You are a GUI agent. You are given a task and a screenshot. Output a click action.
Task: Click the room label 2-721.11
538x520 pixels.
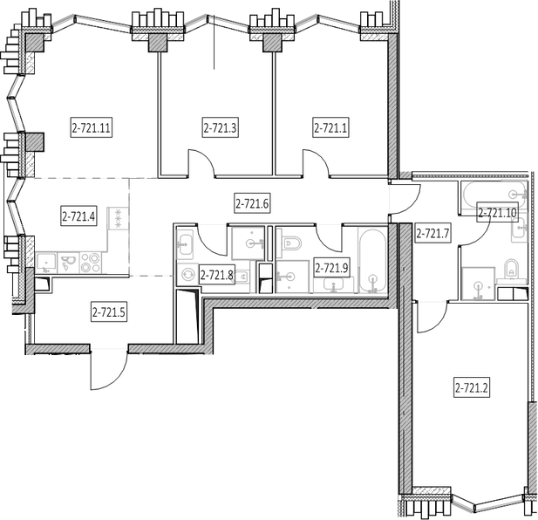[x=92, y=128]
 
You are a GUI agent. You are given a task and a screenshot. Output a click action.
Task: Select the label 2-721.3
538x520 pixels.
[x=220, y=128]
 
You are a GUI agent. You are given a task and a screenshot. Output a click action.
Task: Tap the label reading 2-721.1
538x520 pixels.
[x=330, y=128]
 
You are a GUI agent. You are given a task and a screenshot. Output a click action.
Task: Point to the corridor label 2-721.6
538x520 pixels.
[x=252, y=204]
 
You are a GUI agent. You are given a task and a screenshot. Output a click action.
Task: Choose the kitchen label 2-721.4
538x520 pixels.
[x=78, y=216]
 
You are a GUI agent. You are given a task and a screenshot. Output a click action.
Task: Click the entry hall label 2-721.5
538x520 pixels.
[x=109, y=312]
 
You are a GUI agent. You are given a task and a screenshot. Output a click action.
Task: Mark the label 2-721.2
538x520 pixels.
[x=472, y=388]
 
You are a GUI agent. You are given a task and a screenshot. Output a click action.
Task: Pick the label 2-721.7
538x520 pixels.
[x=432, y=234]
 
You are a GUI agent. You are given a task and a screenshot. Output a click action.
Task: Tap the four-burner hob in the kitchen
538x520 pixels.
[x=91, y=263]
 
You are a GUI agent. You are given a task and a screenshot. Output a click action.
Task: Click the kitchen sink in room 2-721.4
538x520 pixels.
[x=46, y=263]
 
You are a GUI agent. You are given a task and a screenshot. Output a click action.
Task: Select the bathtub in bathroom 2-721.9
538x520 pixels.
[x=372, y=261]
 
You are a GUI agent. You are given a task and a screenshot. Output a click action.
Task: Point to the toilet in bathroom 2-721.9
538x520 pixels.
[x=291, y=243]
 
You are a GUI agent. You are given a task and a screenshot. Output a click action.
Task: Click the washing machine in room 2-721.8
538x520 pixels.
[x=187, y=274]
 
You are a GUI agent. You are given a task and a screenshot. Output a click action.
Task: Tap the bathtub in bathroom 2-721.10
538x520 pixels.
[x=494, y=195]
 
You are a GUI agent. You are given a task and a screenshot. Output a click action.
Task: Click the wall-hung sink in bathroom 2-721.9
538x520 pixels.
[x=333, y=284]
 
